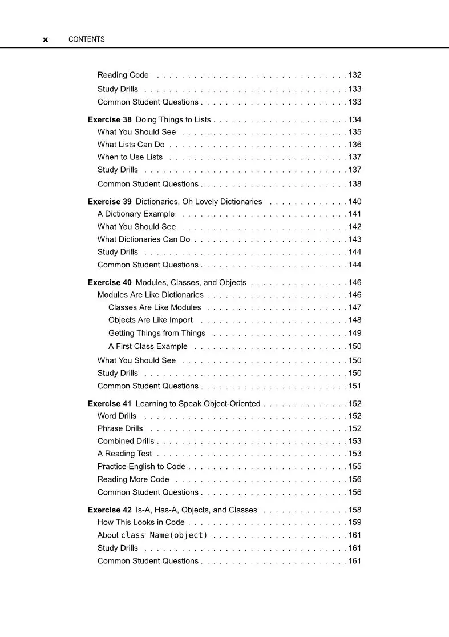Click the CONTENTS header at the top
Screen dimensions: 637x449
pos(86,39)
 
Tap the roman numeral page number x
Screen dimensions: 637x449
pos(46,40)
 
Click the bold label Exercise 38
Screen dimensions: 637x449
pos(110,119)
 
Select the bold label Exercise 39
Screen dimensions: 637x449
pos(110,201)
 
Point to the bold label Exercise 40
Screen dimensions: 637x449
pos(110,282)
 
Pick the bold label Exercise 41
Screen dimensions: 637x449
pos(110,403)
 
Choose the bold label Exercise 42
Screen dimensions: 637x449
pos(110,510)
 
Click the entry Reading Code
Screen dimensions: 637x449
pos(123,75)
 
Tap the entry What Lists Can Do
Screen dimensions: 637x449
pos(131,145)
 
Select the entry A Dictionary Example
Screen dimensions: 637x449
pos(136,214)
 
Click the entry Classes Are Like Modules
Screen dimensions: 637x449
pos(155,307)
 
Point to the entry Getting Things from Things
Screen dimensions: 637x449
pos(157,333)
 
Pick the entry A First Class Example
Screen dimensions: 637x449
pos(148,346)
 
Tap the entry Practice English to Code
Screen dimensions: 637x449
pos(141,466)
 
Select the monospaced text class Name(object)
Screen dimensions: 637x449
pos(164,535)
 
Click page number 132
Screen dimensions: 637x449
pos(355,75)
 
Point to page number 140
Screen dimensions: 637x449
pos(355,202)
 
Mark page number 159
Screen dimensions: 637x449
pos(355,522)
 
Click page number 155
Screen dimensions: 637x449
pos(355,466)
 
